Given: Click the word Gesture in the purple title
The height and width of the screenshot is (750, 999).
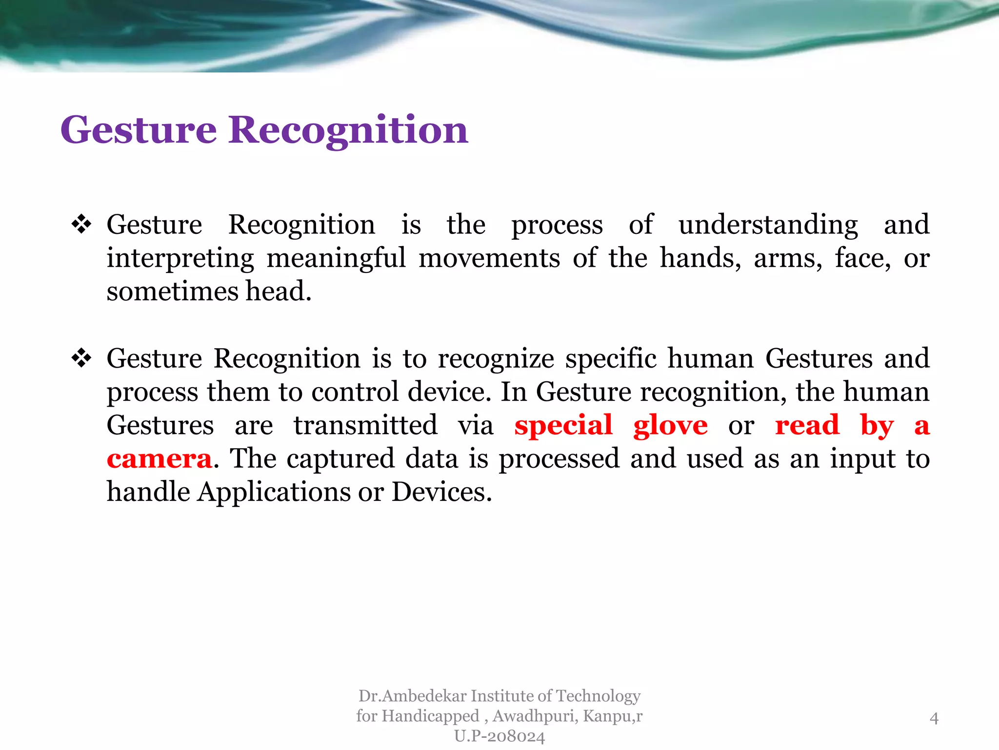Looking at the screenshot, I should (139, 131).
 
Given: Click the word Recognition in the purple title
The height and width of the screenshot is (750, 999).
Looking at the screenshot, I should (348, 131).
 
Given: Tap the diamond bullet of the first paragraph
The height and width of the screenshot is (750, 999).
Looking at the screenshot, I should (81, 225).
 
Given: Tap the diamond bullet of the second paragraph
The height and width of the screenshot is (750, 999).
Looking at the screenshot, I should (81, 358).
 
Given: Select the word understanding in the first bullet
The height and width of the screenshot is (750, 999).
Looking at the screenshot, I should (768, 226).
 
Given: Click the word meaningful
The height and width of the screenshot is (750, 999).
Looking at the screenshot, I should (336, 259).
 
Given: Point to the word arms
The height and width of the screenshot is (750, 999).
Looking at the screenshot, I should (787, 259).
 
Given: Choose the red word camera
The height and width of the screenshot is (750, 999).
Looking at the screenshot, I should (160, 459).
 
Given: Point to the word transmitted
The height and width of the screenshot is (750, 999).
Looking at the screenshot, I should (365, 425).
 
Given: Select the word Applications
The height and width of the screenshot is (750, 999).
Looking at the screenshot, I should (274, 492).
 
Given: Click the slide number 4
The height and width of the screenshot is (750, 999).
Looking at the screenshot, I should (934, 718).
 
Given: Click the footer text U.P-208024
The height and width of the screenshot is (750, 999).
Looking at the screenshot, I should (499, 736).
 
